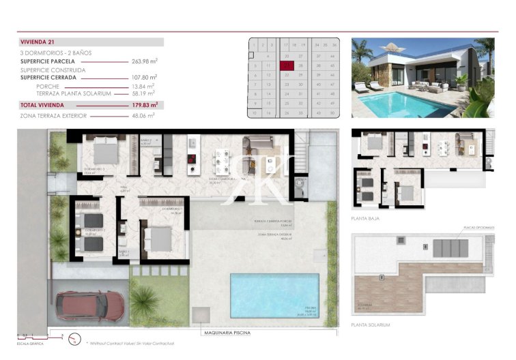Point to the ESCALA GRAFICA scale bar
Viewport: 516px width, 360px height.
coord(41,335)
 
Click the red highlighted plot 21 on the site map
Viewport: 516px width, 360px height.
coord(287,65)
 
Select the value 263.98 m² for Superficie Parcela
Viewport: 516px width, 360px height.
coord(144,61)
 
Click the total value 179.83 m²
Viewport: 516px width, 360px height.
coord(145,105)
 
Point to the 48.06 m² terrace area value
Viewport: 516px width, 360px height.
coord(144,116)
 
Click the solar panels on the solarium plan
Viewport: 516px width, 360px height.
coord(450,247)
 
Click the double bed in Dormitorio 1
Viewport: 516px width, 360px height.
coord(160,239)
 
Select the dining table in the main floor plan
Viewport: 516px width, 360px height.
coord(221,162)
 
